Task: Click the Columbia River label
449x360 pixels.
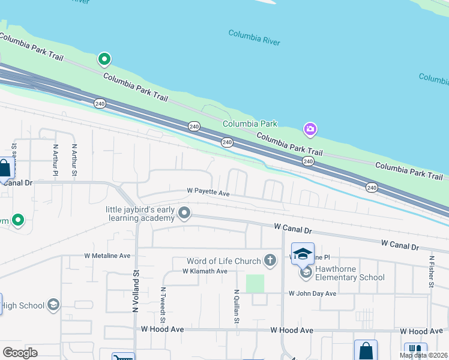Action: point(254,37)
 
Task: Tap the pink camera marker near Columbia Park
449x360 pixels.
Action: point(310,129)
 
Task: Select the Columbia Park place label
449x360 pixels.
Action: point(250,124)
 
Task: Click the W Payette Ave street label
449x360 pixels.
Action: point(208,193)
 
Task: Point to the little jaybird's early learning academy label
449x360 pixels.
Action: point(141,214)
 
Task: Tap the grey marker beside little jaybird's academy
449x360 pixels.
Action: point(185,213)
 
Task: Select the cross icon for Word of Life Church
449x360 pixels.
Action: point(270,260)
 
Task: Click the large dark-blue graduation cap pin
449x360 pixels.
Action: point(303,253)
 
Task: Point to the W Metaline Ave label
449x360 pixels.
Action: point(107,256)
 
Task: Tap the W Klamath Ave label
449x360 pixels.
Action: point(205,271)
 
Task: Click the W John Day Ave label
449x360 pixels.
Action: point(312,293)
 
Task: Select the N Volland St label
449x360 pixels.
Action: point(136,289)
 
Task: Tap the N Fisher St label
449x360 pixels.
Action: point(431,272)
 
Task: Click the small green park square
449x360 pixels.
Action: point(255,283)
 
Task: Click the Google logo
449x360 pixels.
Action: point(20,353)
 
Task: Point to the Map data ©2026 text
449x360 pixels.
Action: point(424,355)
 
